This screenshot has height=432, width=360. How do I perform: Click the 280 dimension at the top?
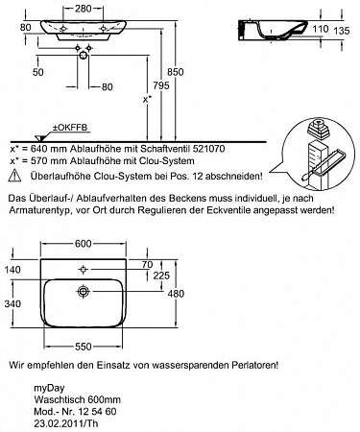[84, 9]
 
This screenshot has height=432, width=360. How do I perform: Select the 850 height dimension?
[176, 72]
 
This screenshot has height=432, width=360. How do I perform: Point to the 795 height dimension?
[161, 85]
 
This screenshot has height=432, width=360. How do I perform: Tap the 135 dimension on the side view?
[342, 31]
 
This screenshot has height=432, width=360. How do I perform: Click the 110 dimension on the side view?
[321, 29]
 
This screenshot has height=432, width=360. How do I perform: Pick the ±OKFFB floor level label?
[70, 128]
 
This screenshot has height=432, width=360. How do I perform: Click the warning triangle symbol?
[14, 176]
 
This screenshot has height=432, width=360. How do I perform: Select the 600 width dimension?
[84, 244]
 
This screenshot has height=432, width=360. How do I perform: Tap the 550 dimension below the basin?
[84, 347]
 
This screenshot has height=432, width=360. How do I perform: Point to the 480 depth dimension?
[176, 294]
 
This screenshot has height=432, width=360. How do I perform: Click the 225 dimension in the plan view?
[161, 276]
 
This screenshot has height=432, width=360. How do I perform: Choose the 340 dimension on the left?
[12, 303]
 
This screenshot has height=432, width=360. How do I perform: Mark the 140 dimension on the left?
[12, 270]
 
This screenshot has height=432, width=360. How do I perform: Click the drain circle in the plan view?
[84, 292]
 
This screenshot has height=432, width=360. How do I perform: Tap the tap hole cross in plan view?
[84, 270]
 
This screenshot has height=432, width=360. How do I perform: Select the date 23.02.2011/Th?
[66, 423]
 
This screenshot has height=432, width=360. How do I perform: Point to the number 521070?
[208, 149]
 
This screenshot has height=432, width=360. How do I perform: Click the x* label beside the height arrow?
[147, 100]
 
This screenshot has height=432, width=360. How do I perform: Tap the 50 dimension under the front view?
[37, 72]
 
